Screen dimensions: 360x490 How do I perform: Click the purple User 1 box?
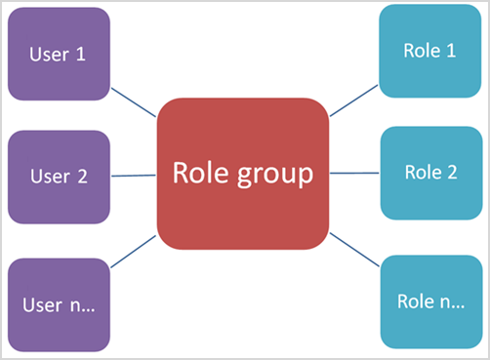(58, 55)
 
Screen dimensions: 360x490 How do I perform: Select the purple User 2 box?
(58, 177)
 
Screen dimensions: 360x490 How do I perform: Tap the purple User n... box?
(58, 303)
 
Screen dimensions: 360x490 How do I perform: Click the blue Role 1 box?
(429, 51)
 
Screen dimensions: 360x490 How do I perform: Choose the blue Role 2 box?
(429, 173)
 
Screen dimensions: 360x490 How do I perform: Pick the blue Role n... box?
(429, 300)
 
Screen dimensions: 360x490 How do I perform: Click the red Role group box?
(242, 174)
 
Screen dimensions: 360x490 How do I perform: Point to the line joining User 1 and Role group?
(133, 102)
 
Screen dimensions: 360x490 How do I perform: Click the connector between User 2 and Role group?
(133, 176)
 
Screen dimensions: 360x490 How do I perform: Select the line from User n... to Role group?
(133, 251)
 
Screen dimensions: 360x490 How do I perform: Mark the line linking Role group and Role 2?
(354, 173)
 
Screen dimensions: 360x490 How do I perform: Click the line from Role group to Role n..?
(354, 249)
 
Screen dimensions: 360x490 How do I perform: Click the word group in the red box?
(278, 175)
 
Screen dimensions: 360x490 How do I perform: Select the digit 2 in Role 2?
(452, 173)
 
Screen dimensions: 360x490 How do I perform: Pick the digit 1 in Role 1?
(451, 51)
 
